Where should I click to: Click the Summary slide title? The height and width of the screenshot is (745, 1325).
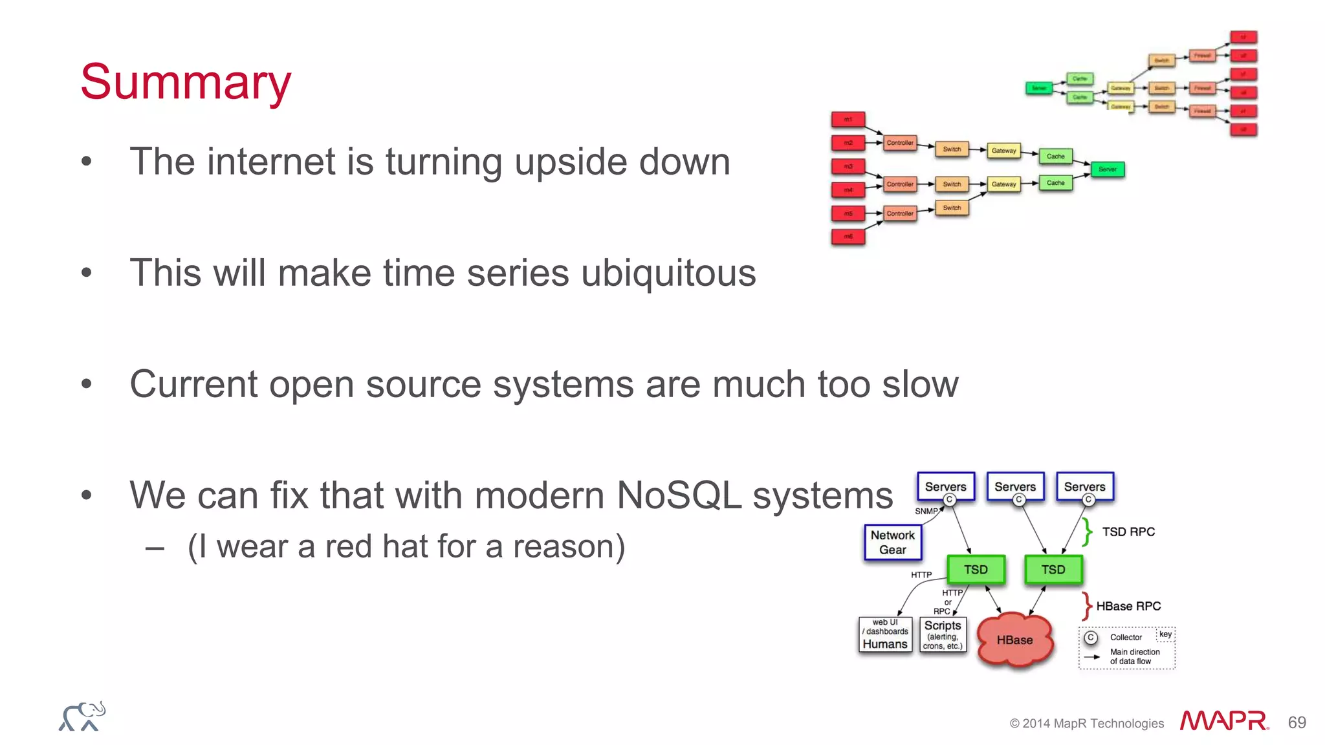[x=186, y=83]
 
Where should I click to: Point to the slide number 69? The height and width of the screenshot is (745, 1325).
[x=1297, y=722]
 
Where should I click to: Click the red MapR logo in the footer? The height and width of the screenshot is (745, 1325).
[x=1223, y=720]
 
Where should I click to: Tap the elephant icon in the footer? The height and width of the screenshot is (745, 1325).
[x=82, y=717]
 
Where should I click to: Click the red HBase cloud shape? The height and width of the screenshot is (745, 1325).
[x=1014, y=640]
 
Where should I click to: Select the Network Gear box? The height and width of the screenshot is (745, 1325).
[x=893, y=543]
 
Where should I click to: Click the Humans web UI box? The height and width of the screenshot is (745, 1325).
[x=885, y=634]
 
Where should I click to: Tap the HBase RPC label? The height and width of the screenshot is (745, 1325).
[x=1128, y=606]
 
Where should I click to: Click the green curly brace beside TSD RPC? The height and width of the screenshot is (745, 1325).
[x=1088, y=532]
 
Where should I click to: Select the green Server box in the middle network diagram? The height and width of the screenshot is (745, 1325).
[x=1108, y=169]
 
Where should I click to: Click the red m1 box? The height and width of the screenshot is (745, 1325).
[x=848, y=119]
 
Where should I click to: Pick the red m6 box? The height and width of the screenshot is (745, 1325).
[x=848, y=237]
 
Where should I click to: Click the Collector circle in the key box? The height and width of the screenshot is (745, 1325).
[x=1091, y=638]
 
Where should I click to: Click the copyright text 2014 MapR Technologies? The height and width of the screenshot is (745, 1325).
[x=1087, y=724]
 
